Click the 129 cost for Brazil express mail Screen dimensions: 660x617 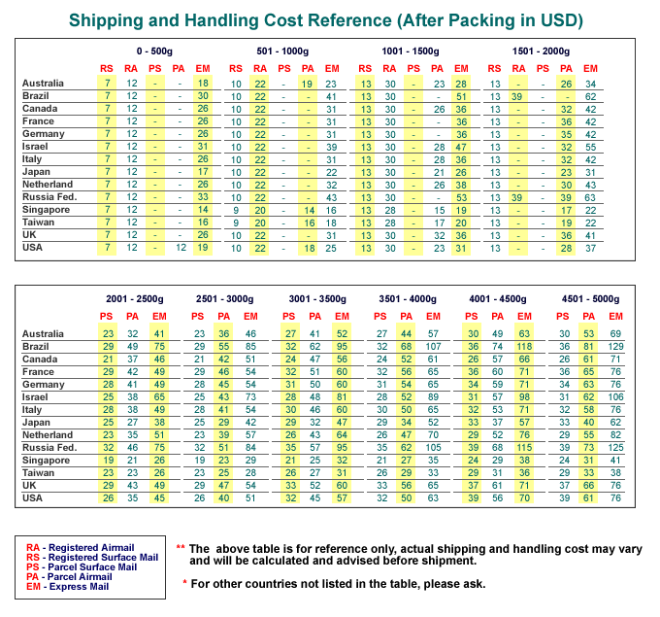(x=615, y=347)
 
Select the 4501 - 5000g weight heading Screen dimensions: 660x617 (x=590, y=299)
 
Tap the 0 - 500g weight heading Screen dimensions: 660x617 (x=154, y=51)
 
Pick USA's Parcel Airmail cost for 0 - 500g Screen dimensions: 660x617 (x=181, y=248)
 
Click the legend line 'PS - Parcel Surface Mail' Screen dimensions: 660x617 (x=82, y=566)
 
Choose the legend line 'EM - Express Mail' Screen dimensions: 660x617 (x=67, y=586)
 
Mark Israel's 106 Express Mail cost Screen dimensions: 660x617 (x=615, y=397)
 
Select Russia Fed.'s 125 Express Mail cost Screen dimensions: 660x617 (x=615, y=448)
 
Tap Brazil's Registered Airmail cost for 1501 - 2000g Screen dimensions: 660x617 (x=517, y=96)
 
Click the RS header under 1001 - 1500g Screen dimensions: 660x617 (x=365, y=69)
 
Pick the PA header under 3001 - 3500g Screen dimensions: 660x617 (x=314, y=317)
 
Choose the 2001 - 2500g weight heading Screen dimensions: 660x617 (x=135, y=299)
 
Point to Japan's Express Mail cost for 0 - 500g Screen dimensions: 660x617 (x=203, y=172)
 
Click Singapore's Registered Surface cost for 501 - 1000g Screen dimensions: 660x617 (x=236, y=210)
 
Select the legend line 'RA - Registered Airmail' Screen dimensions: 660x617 (x=80, y=547)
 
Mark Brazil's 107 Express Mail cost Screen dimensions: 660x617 (x=433, y=347)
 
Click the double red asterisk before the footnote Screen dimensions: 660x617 (x=181, y=547)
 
